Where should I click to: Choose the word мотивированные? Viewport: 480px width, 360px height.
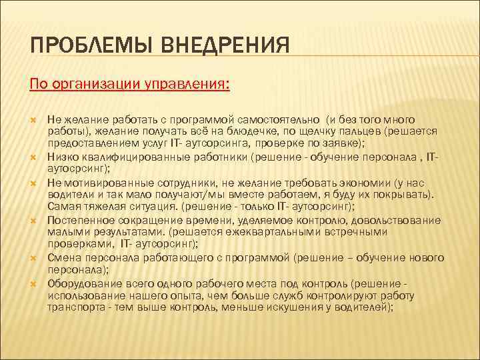tap(100, 181)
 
